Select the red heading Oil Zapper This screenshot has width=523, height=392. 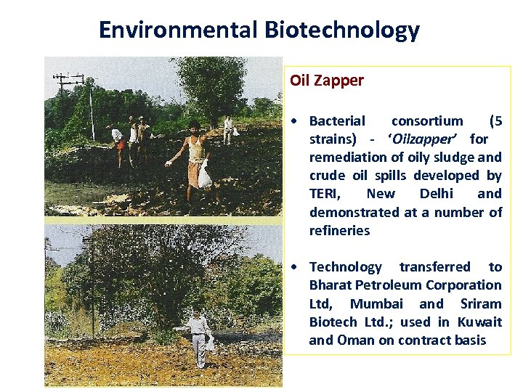click(x=327, y=81)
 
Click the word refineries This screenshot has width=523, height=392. click(x=339, y=231)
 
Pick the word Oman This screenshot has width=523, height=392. click(x=356, y=340)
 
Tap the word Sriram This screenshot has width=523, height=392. click(x=481, y=303)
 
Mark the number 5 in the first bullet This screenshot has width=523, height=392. click(x=497, y=121)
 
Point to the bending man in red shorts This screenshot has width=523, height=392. click(x=117, y=139)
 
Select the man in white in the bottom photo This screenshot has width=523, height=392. click(x=198, y=337)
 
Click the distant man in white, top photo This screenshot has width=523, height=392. click(x=228, y=129)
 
